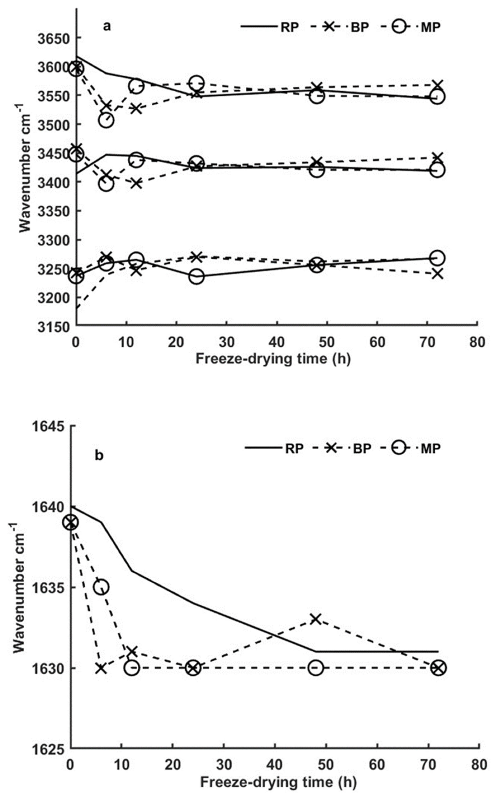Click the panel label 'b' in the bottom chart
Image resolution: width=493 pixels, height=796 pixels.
tap(99, 455)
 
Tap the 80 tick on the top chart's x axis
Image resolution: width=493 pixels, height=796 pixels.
tap(478, 343)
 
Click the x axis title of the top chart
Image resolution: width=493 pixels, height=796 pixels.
tap(273, 359)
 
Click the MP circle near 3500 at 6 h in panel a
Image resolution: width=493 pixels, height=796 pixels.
tap(106, 120)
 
